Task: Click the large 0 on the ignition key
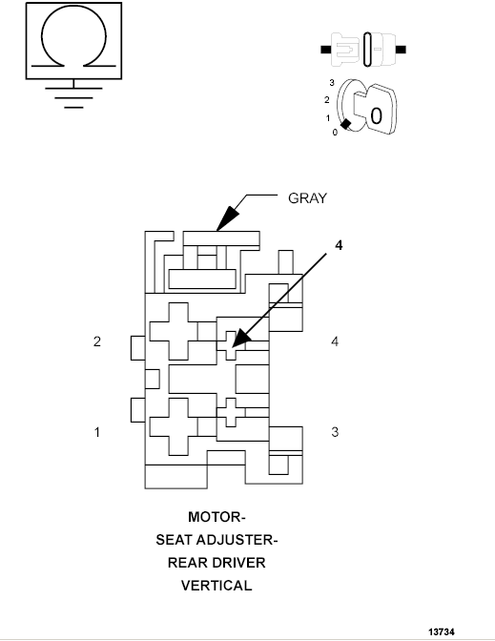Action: pyautogui.click(x=377, y=117)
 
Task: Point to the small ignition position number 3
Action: pyautogui.click(x=331, y=84)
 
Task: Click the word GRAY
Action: pyautogui.click(x=307, y=198)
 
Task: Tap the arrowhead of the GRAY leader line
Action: pyautogui.click(x=222, y=223)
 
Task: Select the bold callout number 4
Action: pyautogui.click(x=337, y=244)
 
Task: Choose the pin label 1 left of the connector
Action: pyautogui.click(x=96, y=432)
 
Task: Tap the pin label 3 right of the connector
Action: pyautogui.click(x=335, y=432)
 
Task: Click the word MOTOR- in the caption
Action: pyautogui.click(x=217, y=517)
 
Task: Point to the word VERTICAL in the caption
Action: pyautogui.click(x=217, y=586)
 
